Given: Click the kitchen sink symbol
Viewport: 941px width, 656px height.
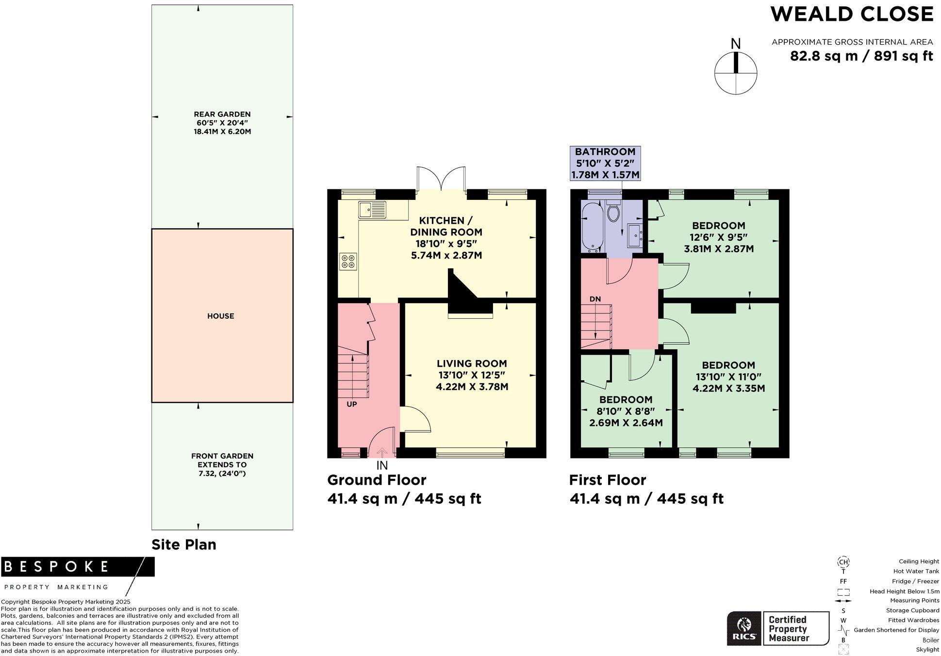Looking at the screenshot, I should pos(372,210).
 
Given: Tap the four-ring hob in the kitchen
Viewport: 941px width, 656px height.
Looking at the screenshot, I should pos(348,261).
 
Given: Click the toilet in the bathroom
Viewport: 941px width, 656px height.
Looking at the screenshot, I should pos(613,212).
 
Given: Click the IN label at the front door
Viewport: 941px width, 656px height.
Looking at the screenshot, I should pos(382,465).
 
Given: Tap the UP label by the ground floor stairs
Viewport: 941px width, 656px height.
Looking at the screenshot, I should pos(352,404).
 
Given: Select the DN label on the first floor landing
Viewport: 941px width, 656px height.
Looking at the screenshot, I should pos(595,299).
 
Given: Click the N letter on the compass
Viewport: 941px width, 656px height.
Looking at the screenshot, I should pos(736,44).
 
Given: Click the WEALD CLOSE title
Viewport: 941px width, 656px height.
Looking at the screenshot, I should pos(852,14).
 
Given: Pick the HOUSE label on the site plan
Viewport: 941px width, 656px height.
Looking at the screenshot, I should pos(221,316).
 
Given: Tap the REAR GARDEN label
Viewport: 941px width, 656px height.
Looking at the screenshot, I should pos(222,115).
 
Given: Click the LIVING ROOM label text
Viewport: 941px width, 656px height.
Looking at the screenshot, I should pos(472,363).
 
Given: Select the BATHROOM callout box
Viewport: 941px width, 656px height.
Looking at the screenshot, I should pos(605,164).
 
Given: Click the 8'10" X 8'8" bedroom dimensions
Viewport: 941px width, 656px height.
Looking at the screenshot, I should pos(626,411).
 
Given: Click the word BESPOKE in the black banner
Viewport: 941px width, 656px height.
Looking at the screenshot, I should pos(57,566).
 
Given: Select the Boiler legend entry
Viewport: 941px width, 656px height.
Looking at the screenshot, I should pos(930,640).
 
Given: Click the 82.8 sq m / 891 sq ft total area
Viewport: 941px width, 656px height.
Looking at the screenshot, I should pos(861,56).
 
